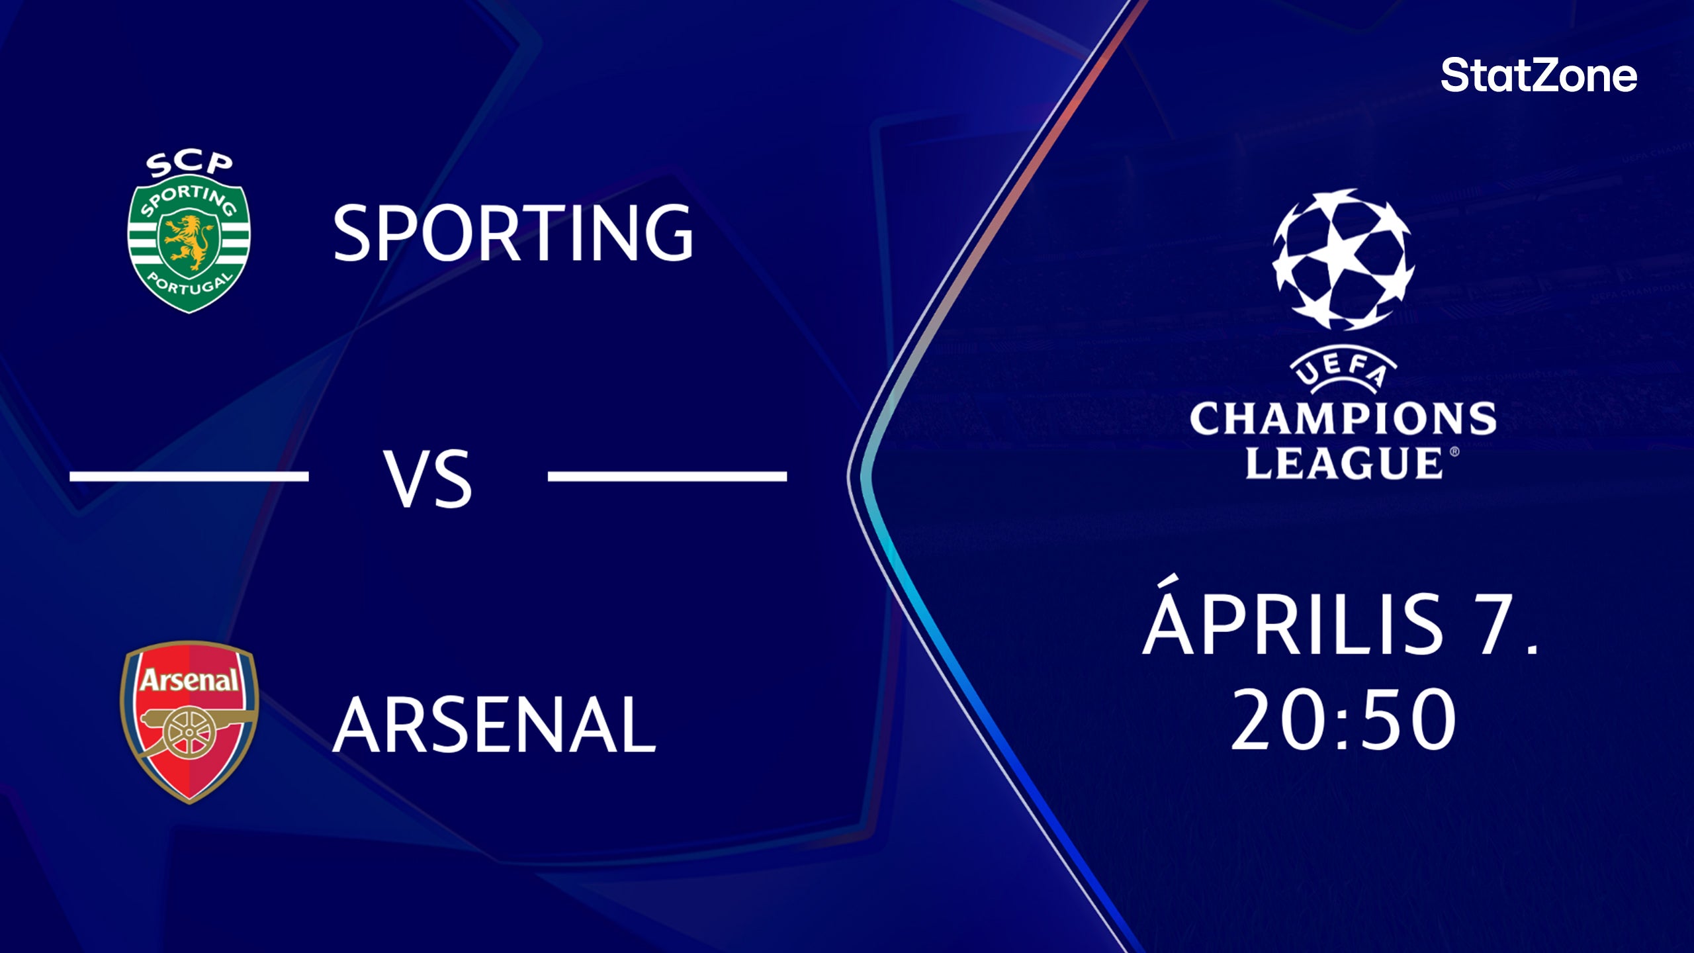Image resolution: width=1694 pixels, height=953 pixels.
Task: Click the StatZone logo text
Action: [1538, 75]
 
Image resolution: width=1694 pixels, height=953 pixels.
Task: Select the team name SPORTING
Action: [513, 232]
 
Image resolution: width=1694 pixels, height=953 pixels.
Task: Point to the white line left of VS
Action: [189, 476]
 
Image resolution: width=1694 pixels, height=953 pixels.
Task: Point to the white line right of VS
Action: [667, 476]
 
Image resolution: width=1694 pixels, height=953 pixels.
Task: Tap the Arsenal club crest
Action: [189, 722]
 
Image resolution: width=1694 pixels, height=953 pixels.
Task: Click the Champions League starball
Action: [1343, 260]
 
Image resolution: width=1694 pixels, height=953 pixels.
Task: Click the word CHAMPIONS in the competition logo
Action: [1343, 420]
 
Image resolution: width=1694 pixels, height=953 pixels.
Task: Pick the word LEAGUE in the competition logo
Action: [1343, 463]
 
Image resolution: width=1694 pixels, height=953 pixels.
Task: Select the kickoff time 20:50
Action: [1343, 720]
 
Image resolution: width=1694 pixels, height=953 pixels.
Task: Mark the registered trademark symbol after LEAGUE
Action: [1454, 452]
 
